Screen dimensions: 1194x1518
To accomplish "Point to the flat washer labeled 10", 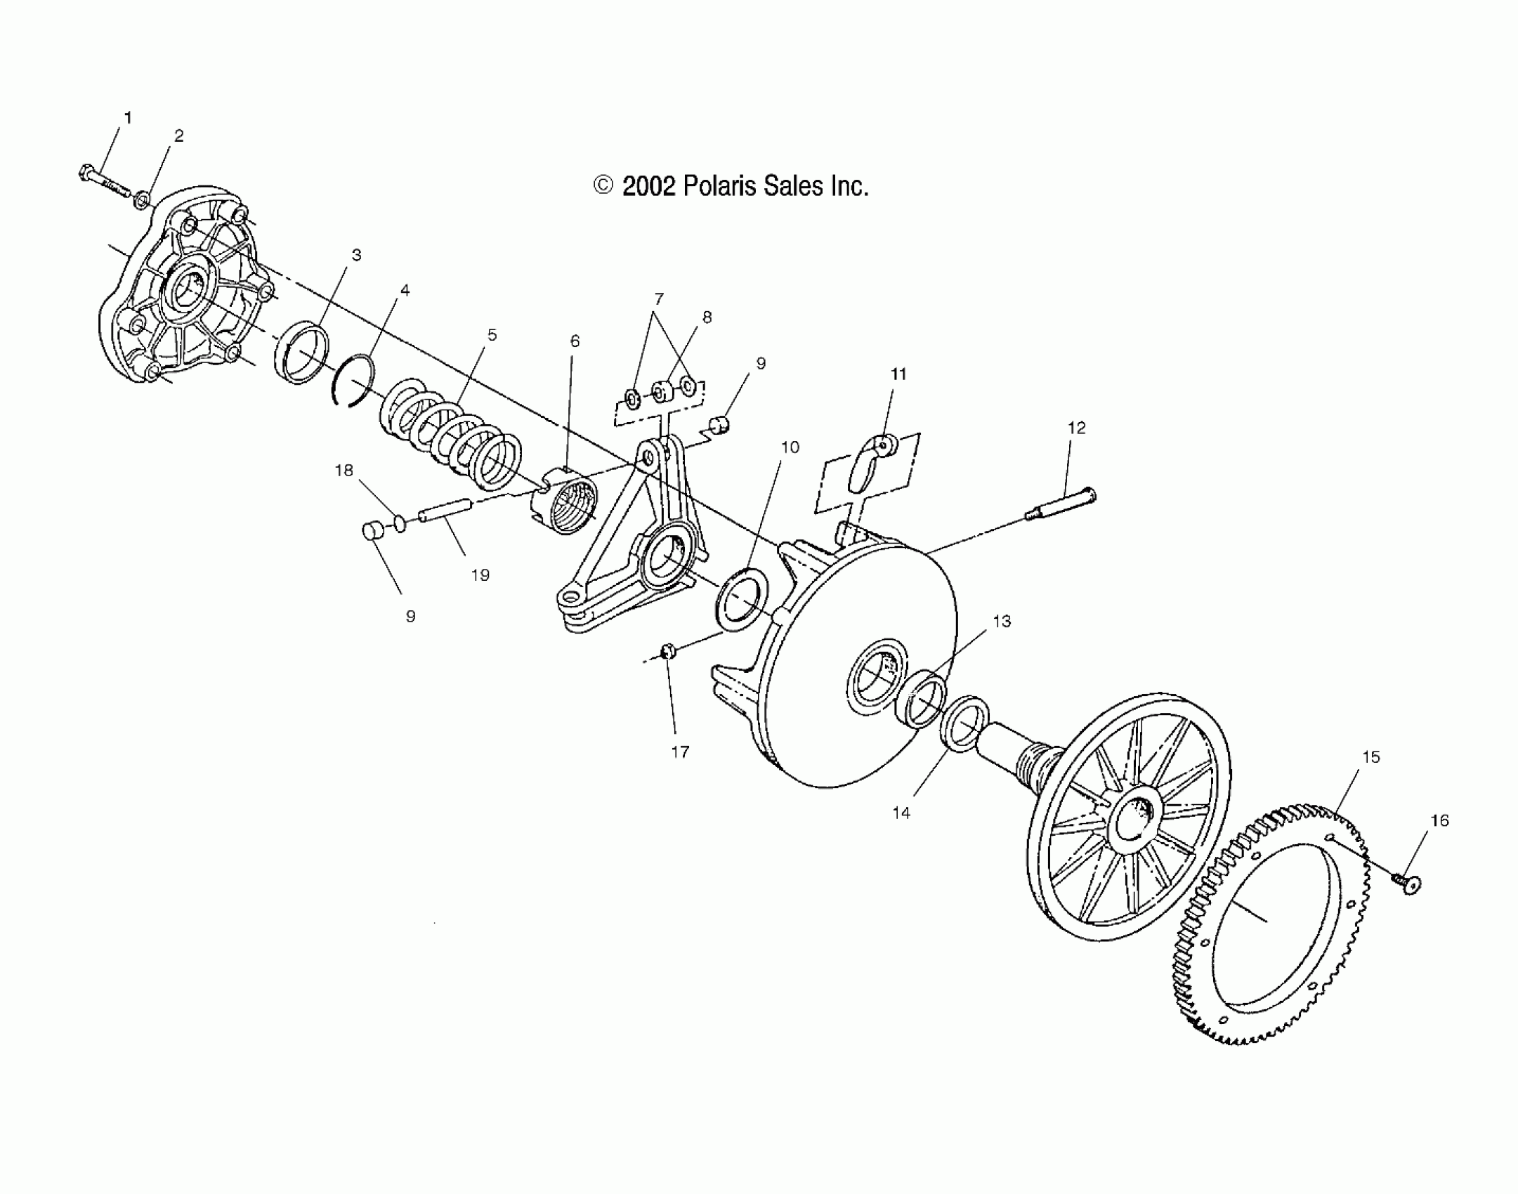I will pyautogui.click(x=744, y=591).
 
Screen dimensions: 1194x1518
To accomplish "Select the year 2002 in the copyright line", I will pyautogui.click(x=648, y=187).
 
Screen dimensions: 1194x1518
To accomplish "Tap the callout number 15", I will pyautogui.click(x=1370, y=757).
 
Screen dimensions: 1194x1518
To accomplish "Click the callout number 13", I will pyautogui.click(x=1001, y=622).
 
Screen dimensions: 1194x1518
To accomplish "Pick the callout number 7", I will pyautogui.click(x=658, y=298).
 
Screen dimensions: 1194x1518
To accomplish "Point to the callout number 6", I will pyautogui.click(x=575, y=341).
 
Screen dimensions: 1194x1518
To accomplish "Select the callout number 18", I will pyautogui.click(x=343, y=471).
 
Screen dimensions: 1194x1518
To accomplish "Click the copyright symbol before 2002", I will pyautogui.click(x=603, y=185).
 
